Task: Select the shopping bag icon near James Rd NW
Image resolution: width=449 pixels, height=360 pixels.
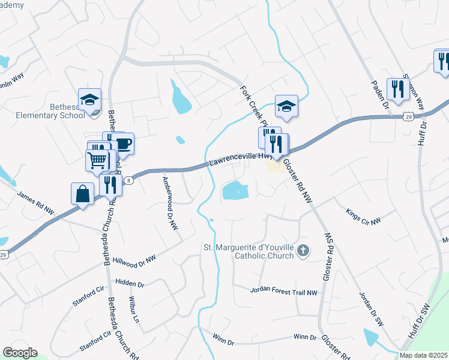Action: tap(82, 194)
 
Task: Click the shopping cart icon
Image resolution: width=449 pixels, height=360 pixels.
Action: tap(97, 160)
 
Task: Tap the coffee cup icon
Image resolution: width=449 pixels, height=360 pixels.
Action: tap(123, 144)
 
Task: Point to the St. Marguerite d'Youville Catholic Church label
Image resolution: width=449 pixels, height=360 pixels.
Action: tap(249, 251)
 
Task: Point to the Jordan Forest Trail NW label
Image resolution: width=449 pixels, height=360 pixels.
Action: tap(283, 290)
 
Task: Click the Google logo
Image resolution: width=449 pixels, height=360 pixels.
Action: tap(20, 353)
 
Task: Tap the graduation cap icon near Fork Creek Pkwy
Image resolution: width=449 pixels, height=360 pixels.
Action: tap(286, 106)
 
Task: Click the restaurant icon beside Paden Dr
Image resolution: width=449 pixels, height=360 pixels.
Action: tap(397, 89)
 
